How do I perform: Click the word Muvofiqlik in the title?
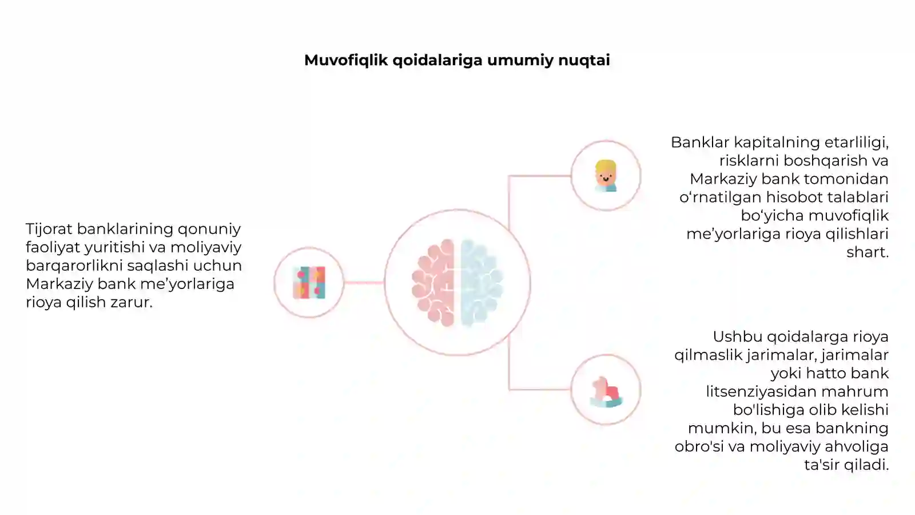(x=346, y=60)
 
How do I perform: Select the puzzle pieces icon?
(x=309, y=283)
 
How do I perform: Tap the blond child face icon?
(x=606, y=176)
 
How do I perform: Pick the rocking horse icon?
(x=606, y=392)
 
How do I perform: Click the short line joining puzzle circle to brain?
(x=364, y=283)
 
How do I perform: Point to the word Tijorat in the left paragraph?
(x=49, y=229)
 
